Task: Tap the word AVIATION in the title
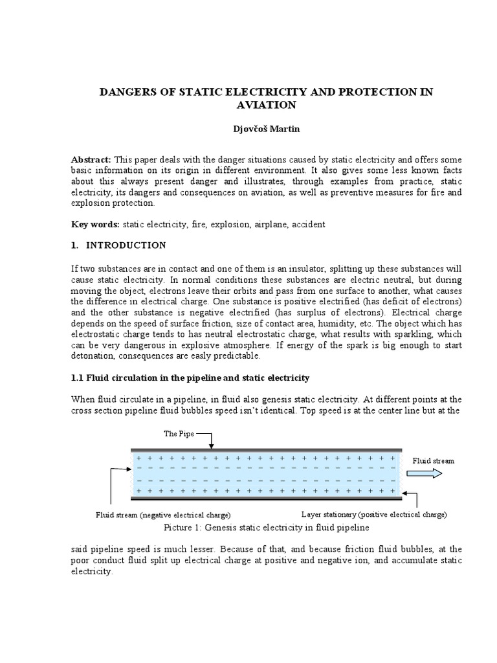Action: [x=265, y=105]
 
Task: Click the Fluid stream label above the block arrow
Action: [x=434, y=460]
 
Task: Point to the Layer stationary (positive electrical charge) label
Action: [x=373, y=515]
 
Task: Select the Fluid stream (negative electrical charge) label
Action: [x=163, y=515]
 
